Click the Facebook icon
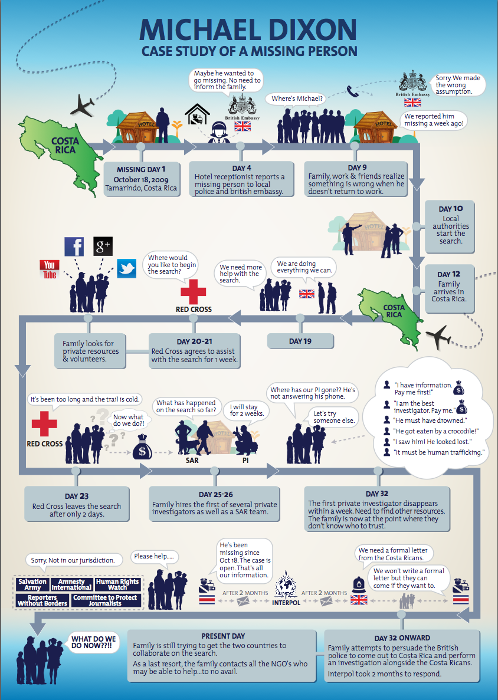click(x=74, y=246)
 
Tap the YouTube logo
click(x=50, y=270)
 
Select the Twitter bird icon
click(x=126, y=268)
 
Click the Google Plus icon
click(x=103, y=246)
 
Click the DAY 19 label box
click(x=300, y=341)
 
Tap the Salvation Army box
click(x=32, y=585)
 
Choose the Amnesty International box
click(x=71, y=585)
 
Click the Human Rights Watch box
click(x=117, y=585)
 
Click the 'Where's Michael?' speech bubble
click(x=295, y=98)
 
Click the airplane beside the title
click(x=82, y=106)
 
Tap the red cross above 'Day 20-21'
click(x=194, y=291)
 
